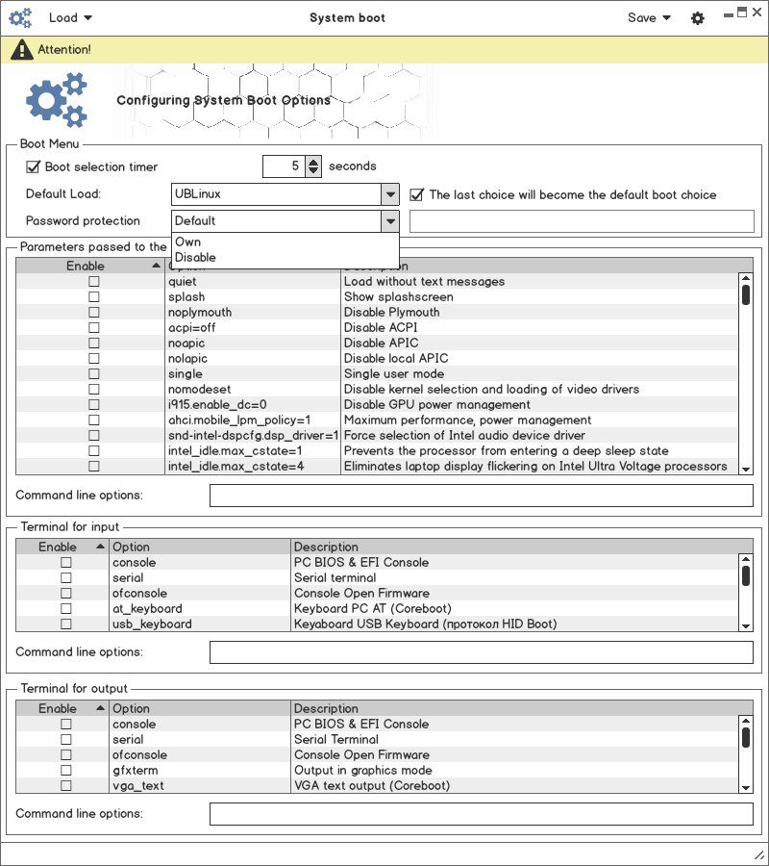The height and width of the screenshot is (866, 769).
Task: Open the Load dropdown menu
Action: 70,18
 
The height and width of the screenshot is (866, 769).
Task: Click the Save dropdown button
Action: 649,18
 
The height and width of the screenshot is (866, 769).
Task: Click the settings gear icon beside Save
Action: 698,18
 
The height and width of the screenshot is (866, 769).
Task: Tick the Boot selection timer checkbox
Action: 34,166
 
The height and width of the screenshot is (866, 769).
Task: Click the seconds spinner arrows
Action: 313,166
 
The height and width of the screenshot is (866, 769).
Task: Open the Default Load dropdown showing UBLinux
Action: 285,194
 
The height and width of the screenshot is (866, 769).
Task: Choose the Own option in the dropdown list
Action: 188,242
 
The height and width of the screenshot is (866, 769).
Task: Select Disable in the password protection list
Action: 196,258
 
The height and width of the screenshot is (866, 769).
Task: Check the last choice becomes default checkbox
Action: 417,194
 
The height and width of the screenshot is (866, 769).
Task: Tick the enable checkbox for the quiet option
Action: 94,282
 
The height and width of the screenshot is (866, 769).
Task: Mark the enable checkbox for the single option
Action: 94,374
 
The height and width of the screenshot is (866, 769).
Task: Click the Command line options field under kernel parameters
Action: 481,496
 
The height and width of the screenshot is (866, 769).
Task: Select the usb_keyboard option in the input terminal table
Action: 152,624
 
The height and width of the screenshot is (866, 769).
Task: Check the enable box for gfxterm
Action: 66,771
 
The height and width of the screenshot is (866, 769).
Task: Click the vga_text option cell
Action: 138,786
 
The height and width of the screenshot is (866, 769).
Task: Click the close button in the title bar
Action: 757,12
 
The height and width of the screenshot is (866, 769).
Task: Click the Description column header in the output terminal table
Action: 327,709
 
